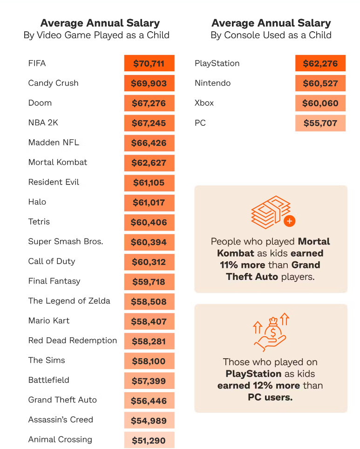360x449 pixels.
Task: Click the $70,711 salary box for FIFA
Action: coord(149,63)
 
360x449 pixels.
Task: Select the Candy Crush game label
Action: coord(53,83)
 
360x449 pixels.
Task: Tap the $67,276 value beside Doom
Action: coord(149,103)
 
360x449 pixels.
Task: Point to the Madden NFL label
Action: coord(54,143)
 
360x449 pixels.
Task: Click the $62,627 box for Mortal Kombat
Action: coord(149,163)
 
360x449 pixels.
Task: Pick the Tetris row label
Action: coord(39,222)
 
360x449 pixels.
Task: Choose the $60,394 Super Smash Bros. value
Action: coord(149,242)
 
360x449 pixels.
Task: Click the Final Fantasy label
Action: coord(54,281)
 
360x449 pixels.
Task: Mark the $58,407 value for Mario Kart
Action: coord(149,321)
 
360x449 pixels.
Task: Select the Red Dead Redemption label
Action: coord(73,340)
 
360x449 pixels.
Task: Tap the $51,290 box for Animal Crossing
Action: coord(149,440)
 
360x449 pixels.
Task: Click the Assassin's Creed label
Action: coord(61,420)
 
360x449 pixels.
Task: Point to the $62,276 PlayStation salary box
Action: coord(320,63)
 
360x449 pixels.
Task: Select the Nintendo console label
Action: coord(212,83)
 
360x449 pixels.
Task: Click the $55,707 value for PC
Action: coord(320,123)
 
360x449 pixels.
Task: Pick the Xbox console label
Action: coord(204,103)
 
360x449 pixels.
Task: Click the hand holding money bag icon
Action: coord(271,332)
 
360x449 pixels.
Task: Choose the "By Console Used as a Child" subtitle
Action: coord(271,35)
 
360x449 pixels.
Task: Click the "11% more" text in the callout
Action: coord(242,265)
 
